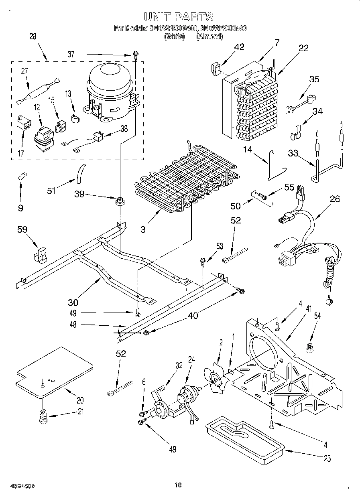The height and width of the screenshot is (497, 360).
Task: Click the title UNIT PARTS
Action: tap(178, 16)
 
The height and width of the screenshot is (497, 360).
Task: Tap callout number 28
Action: tap(33, 36)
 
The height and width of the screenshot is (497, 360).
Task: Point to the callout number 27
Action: tap(24, 71)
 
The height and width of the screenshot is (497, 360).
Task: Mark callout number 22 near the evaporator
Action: tap(303, 48)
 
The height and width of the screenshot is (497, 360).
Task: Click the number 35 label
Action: tap(314, 79)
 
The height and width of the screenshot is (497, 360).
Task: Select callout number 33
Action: tap(293, 152)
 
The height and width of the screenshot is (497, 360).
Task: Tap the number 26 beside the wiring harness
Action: tap(334, 198)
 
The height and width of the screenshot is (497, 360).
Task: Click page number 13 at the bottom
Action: tap(179, 485)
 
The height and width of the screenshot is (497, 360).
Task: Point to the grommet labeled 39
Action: tap(119, 201)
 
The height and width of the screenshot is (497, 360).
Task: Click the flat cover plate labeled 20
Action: tap(54, 371)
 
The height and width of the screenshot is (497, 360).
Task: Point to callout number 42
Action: tap(239, 47)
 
